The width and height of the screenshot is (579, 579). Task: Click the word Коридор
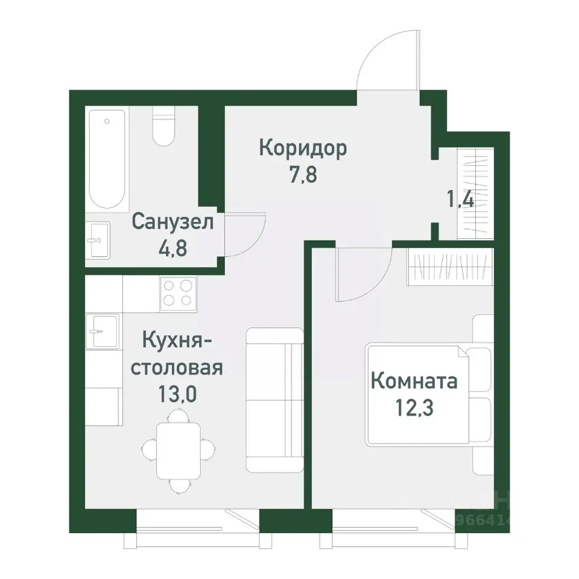pyautogui.click(x=303, y=148)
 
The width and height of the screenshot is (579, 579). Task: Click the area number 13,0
pyautogui.click(x=177, y=395)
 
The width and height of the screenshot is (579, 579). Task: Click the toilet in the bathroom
pyautogui.click(x=163, y=127)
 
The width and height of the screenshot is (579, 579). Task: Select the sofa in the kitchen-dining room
pyautogui.click(x=274, y=399)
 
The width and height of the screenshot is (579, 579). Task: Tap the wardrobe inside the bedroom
pyautogui.click(x=451, y=266)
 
